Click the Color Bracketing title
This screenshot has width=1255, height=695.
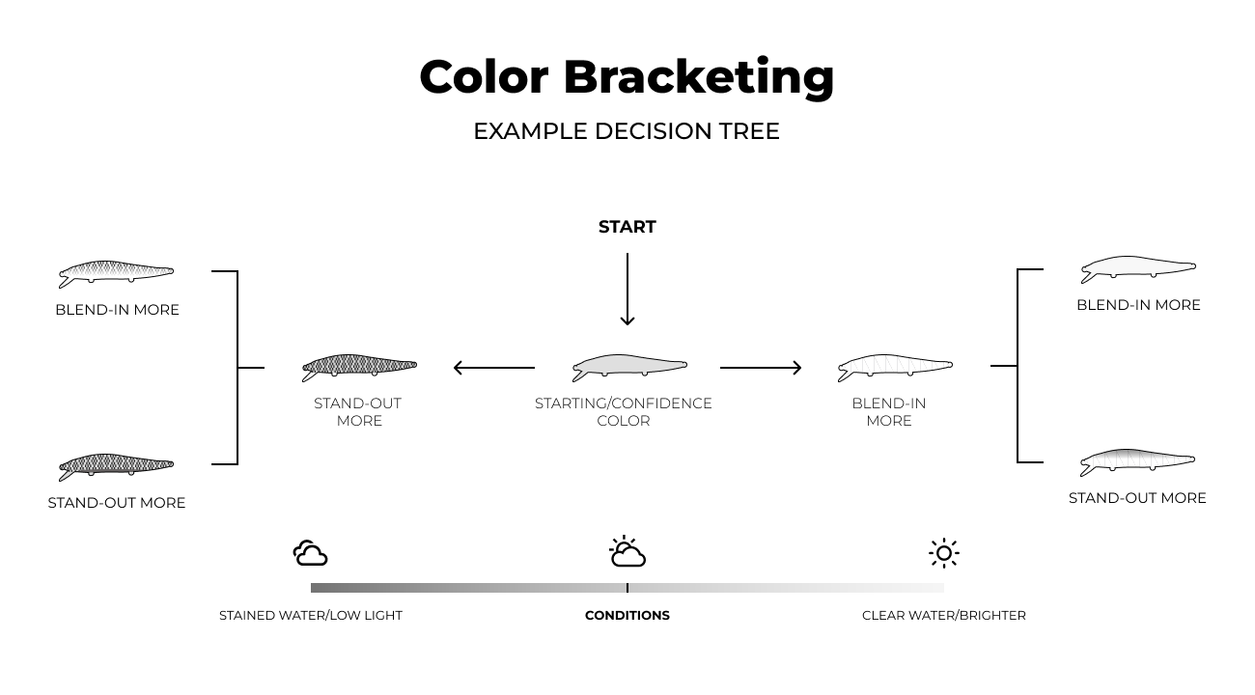[627, 78]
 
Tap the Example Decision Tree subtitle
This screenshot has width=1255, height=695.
[627, 131]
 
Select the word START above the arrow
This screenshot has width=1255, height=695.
[627, 227]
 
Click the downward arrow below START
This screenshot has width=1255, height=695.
[627, 289]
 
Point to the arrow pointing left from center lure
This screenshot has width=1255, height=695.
[494, 368]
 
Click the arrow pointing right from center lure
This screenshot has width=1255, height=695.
[761, 368]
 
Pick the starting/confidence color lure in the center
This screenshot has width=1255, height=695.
[629, 368]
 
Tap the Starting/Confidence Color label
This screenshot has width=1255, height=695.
[623, 411]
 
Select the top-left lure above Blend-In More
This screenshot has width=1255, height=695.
[116, 274]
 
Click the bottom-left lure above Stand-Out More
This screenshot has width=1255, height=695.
[116, 467]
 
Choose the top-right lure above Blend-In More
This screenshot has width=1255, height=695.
[1138, 269]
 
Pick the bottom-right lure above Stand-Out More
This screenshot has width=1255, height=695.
[1137, 462]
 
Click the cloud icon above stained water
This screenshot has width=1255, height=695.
[311, 553]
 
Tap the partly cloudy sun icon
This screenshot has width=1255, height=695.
[627, 551]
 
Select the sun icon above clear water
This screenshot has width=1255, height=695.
[944, 553]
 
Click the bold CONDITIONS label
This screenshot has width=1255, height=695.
[627, 616]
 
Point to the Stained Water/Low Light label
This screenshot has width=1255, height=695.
[311, 616]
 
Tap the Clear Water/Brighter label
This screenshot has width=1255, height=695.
[944, 616]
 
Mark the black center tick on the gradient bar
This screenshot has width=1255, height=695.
[627, 588]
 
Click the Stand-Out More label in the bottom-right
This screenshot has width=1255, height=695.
[1137, 498]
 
